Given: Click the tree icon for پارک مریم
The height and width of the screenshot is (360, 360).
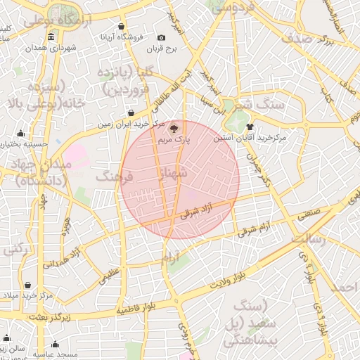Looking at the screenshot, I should [174, 129].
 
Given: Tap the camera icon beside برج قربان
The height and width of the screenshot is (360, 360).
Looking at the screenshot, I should [162, 37].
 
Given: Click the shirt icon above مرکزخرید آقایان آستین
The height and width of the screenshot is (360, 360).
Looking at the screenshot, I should [250, 127].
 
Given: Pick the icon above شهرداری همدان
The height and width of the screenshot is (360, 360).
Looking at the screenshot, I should [51, 37].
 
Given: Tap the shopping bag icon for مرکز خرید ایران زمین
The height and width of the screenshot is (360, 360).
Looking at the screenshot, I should [131, 112].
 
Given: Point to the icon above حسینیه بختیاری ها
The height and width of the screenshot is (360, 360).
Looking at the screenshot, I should [20, 134].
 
